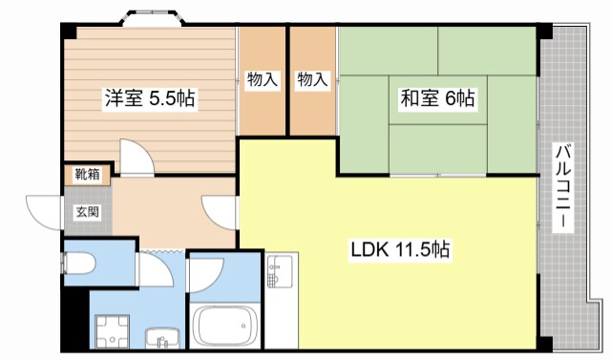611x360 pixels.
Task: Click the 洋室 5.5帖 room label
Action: [150, 97]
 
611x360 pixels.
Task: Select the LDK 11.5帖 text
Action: [400, 250]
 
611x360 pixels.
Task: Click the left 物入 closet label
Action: [262, 79]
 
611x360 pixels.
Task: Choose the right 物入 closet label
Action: [312, 79]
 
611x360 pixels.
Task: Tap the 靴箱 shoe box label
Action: [87, 175]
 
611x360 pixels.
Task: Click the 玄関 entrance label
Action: [87, 211]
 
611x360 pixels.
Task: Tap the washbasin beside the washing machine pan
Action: [162, 337]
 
